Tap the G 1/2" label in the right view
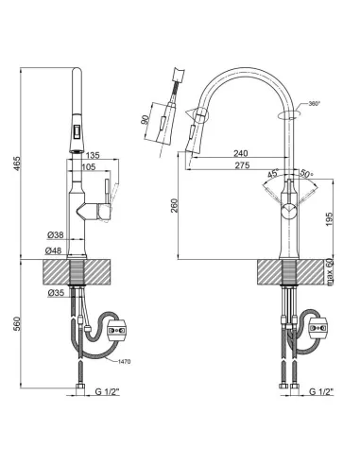(x=320, y=390)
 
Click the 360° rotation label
(x=313, y=104)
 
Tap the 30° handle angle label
(x=306, y=174)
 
